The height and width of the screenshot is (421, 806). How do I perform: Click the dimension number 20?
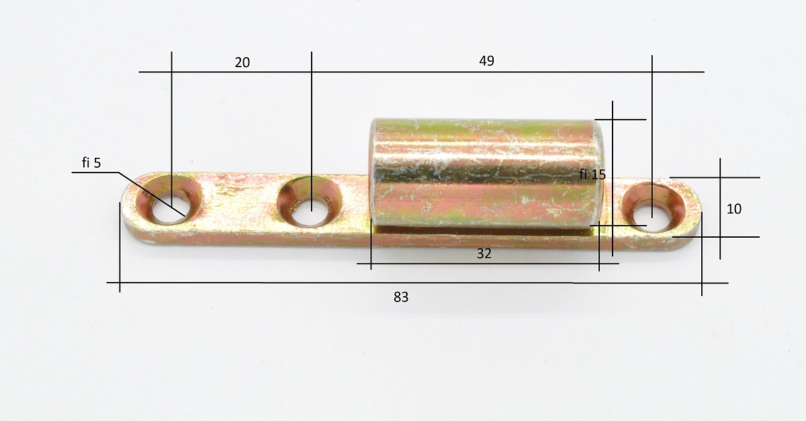click(x=242, y=62)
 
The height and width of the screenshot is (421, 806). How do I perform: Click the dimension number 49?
click(x=486, y=61)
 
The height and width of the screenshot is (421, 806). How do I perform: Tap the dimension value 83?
click(x=401, y=297)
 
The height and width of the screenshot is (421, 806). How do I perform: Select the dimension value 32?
click(x=484, y=254)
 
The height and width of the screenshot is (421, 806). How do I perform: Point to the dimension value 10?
click(x=734, y=209)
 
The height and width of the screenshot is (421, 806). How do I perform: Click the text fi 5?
click(x=91, y=163)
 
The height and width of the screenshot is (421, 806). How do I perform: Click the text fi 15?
click(x=592, y=175)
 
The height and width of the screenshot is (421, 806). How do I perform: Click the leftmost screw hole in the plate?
click(x=169, y=200)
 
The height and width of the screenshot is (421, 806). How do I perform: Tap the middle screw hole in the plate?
click(x=310, y=201)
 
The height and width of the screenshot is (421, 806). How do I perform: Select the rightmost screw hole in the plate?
click(x=654, y=207)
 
